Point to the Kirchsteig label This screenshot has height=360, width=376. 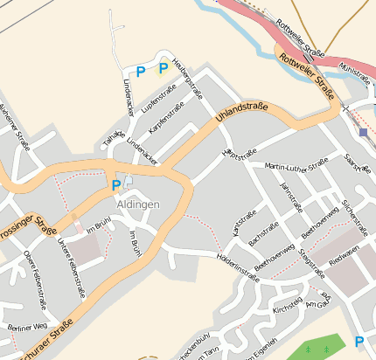(287, 310)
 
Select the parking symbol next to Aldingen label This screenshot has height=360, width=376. (115, 184)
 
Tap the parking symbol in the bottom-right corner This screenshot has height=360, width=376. (359, 341)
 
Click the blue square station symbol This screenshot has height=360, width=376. (363, 132)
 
